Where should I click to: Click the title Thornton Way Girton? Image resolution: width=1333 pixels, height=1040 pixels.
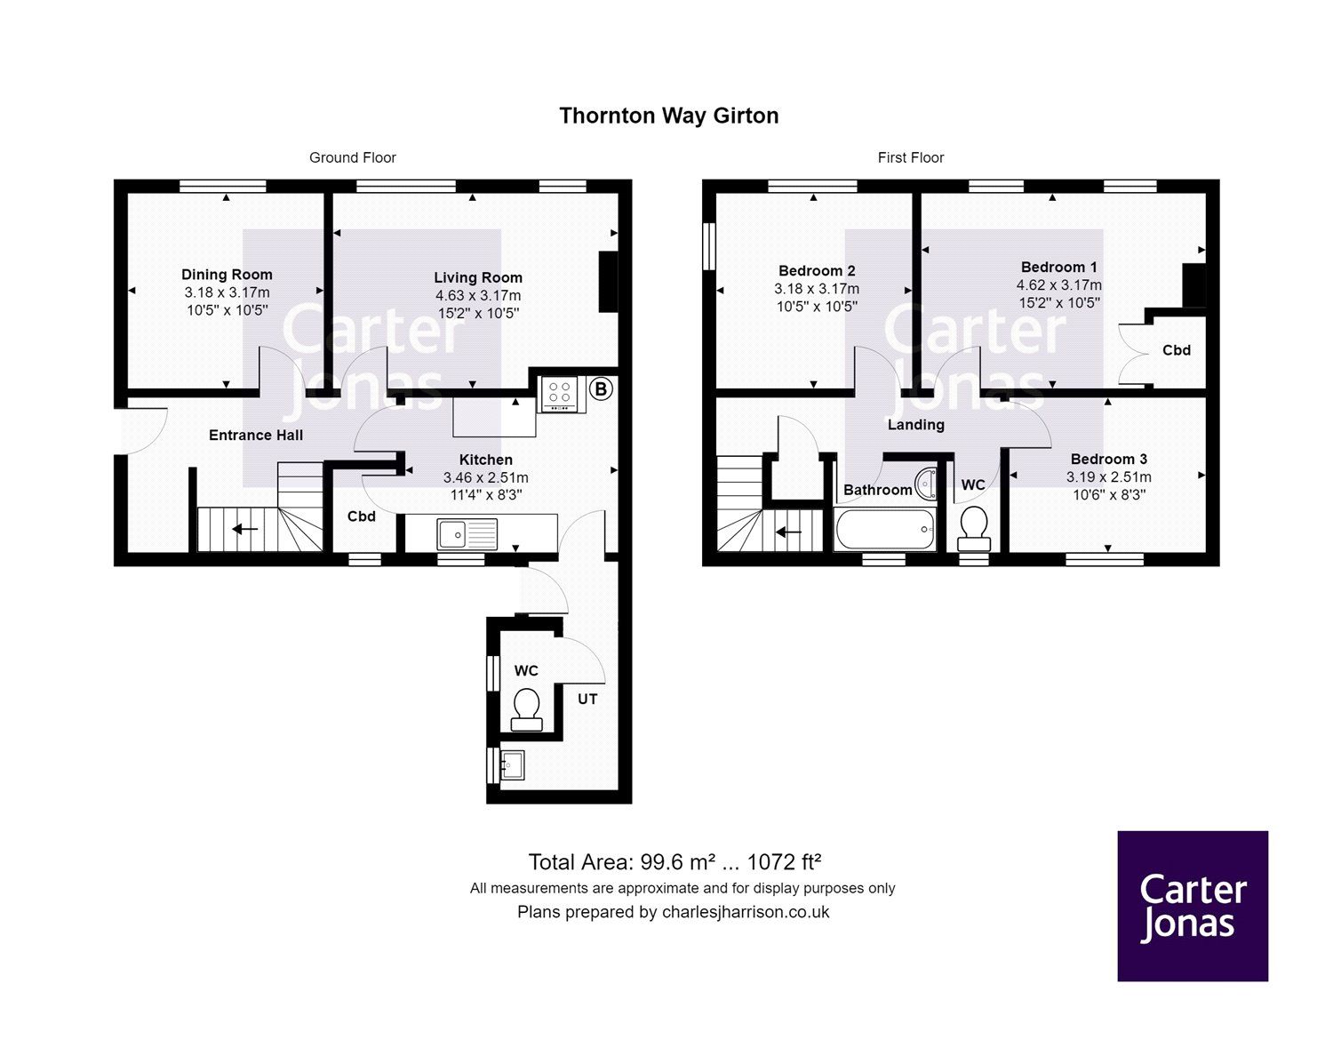668,116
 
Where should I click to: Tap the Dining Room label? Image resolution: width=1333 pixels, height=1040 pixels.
227,275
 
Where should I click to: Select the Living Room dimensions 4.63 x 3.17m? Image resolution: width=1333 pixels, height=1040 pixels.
478,295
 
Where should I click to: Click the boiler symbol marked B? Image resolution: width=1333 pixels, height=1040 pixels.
601,388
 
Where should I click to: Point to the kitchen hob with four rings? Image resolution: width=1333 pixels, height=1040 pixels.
560,395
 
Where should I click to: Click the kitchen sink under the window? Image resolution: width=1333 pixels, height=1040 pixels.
467,534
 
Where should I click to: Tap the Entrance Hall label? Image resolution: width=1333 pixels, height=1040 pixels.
256,435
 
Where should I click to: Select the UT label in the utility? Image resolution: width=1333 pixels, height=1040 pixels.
587,699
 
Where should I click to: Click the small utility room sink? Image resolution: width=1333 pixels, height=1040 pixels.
513,764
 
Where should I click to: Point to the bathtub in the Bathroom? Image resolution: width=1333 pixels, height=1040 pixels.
885,530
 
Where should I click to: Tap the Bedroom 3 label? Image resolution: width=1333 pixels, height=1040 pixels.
1108,459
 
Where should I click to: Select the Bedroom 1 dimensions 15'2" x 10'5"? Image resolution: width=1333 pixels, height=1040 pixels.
1059,302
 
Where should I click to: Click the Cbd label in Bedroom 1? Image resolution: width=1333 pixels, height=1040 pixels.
1177,350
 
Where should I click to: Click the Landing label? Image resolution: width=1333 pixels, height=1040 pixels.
915,425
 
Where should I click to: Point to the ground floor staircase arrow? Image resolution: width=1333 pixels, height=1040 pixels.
245,530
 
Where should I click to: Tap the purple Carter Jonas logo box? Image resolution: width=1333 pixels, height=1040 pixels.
1192,906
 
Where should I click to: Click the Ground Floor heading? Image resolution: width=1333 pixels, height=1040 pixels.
352,157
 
